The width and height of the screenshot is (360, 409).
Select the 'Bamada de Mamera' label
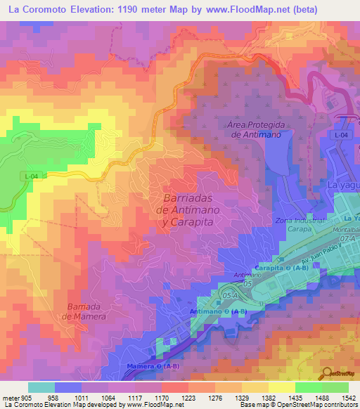pyautogui.click(x=84, y=311)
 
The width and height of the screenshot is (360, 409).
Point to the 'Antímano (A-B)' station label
pyautogui.click(x=218, y=311)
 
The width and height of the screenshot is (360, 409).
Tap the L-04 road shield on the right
pyautogui.click(x=341, y=134)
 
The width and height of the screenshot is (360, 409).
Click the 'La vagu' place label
pyautogui.click(x=343, y=185)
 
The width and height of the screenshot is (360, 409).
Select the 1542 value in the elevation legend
pyautogui.click(x=340, y=397)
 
